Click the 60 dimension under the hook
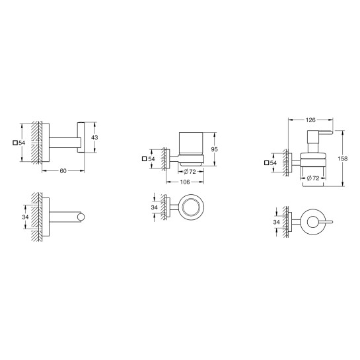coord(63,171)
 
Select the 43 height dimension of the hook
coord(94,137)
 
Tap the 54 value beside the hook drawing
coord(22,143)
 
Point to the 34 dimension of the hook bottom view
coord(25,217)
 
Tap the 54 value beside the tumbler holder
coord(151,159)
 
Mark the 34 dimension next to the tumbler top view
coord(155,207)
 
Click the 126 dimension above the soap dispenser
coord(310,120)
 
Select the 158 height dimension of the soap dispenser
coord(342,159)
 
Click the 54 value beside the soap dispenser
coord(273,162)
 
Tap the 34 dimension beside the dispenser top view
coord(276,222)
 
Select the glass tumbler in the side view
coord(192,146)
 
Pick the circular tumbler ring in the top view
coord(195,207)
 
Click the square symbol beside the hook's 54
coord(15,143)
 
